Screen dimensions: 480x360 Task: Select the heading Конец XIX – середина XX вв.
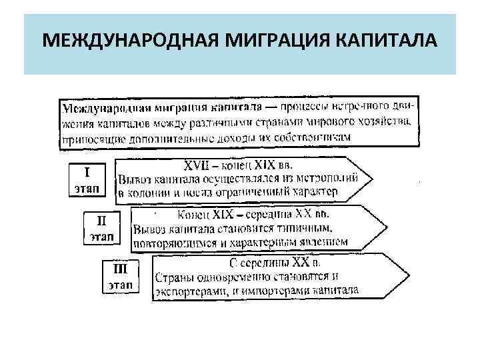(x=253, y=215)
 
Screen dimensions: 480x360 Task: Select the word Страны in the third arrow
(x=173, y=277)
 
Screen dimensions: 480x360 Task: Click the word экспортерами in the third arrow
(x=189, y=290)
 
